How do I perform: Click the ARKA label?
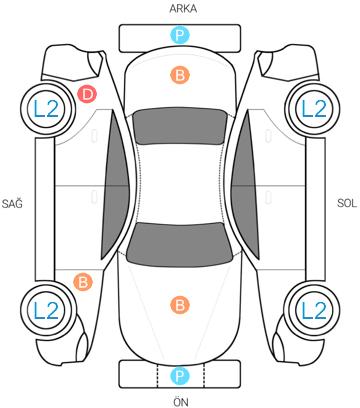[x=183, y=9]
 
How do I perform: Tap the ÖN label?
[x=181, y=402]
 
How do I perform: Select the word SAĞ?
[x=12, y=202]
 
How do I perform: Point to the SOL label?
[x=347, y=203]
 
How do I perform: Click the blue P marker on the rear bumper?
[x=180, y=35]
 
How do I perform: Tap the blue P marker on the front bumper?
[x=180, y=376]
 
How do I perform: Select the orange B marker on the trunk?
[x=180, y=75]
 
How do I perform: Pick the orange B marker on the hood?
[x=180, y=305]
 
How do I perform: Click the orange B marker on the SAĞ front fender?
[x=83, y=282]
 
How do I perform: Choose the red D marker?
[x=87, y=94]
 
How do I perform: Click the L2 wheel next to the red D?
[x=46, y=108]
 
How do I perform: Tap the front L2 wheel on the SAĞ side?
[x=46, y=310]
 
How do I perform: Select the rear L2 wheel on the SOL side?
[x=313, y=108]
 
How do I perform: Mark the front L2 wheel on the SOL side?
[x=313, y=310]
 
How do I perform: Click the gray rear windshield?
[x=180, y=126]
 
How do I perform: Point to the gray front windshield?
[x=180, y=244]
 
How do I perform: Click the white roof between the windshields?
[x=181, y=183]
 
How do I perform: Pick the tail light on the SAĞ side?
[x=95, y=63]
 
